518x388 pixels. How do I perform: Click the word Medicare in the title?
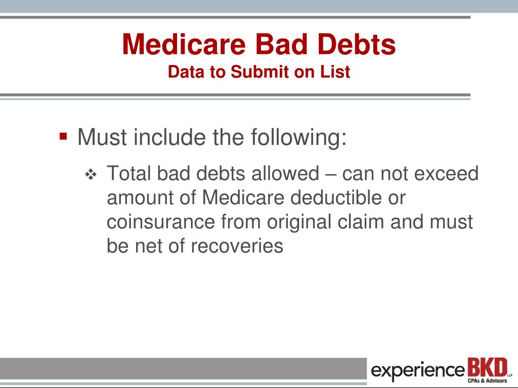pyautogui.click(x=184, y=44)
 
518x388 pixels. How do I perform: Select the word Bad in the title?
pyautogui.click(x=281, y=44)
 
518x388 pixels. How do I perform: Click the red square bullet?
pyautogui.click(x=63, y=136)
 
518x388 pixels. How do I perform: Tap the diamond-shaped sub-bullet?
pyautogui.click(x=91, y=174)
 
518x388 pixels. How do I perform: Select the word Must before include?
pyautogui.click(x=102, y=137)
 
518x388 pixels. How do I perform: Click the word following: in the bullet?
pyautogui.click(x=299, y=137)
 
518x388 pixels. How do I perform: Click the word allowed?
pyautogui.click(x=285, y=173)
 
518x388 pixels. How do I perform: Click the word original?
pyautogui.click(x=299, y=223)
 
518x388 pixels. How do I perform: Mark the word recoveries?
pyautogui.click(x=237, y=246)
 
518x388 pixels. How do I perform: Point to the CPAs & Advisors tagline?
pyautogui.click(x=487, y=381)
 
